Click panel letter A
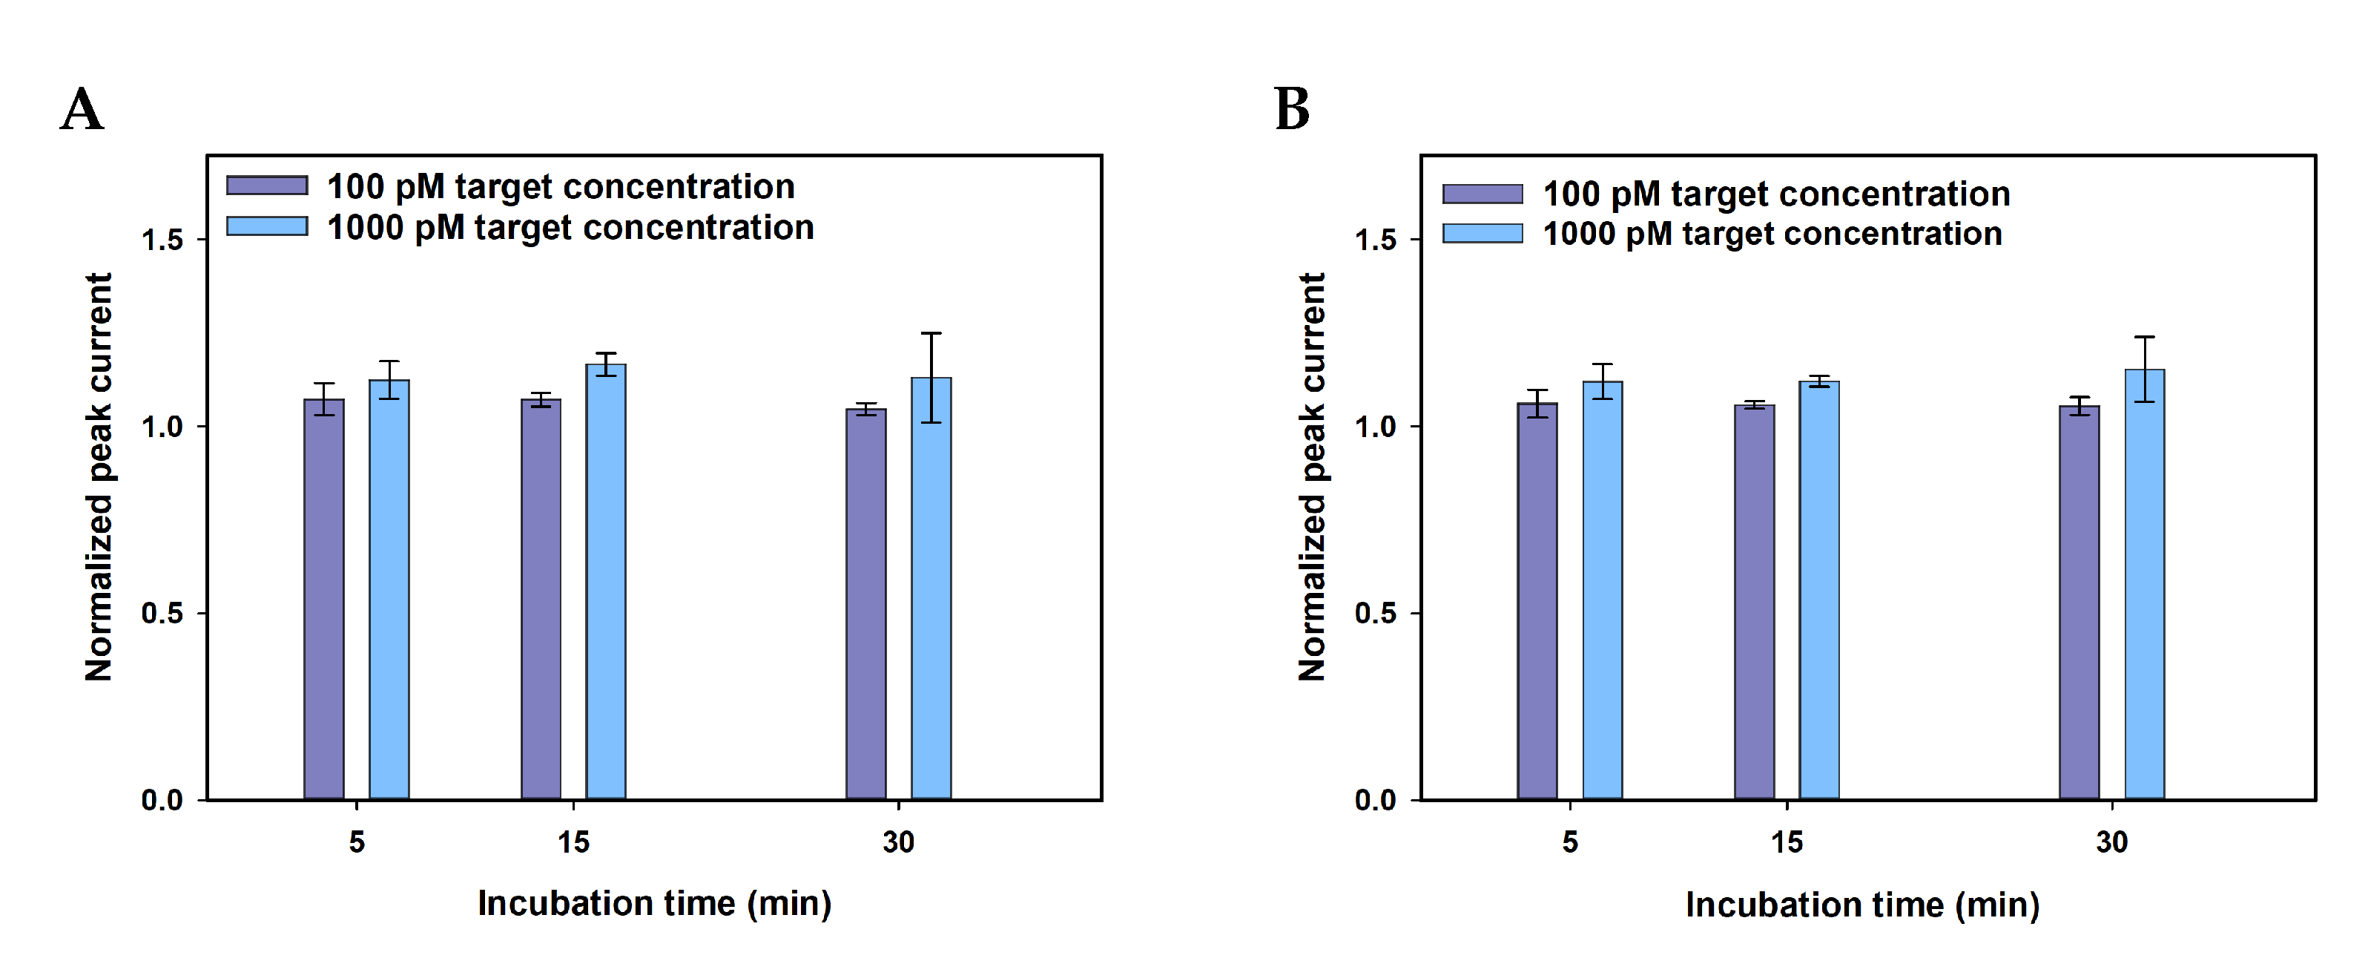coord(82,111)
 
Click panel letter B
coord(1292,111)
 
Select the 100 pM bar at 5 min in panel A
coord(323,598)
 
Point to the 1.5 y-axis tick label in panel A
coord(162,241)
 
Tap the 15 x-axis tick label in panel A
coord(573,842)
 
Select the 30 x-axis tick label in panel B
coord(2111,842)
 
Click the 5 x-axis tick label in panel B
coord(1570,842)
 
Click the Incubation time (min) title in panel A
coord(655,904)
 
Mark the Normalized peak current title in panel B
coord(1312,476)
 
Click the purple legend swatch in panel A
coord(266,186)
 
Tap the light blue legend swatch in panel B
coord(1482,234)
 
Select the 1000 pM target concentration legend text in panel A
coord(570,228)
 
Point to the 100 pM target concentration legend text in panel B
coord(1776,194)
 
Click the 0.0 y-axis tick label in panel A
coord(162,800)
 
